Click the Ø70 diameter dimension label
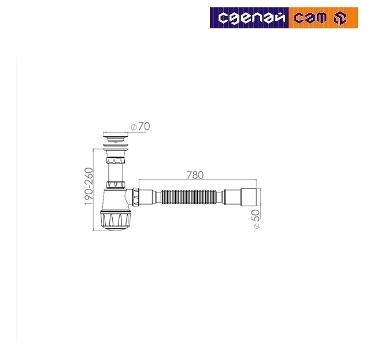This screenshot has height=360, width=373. pyautogui.click(x=141, y=127)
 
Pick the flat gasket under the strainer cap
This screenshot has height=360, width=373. pyautogui.click(x=117, y=142)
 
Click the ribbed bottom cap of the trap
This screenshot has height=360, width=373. pyautogui.click(x=117, y=220)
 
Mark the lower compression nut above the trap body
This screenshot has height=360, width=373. pyautogui.click(x=117, y=185)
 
